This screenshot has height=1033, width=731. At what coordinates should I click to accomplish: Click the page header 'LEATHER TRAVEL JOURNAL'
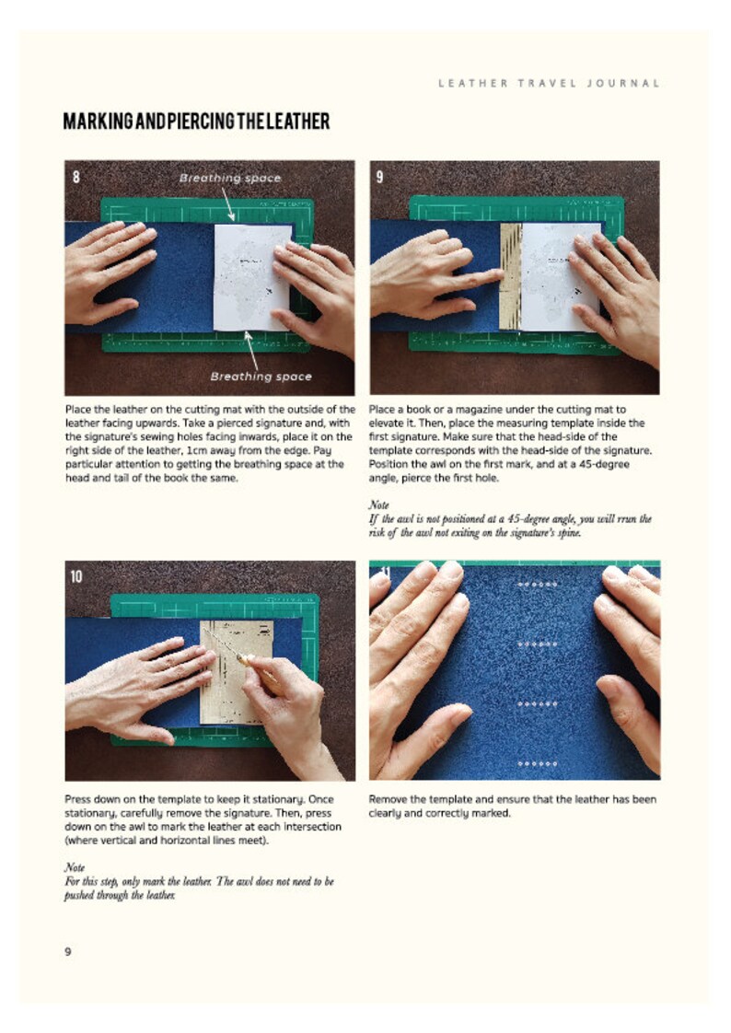coord(549,83)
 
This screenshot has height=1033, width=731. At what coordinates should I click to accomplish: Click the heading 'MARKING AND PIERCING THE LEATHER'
coord(196,122)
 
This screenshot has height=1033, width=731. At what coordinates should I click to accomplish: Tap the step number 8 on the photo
coord(76,177)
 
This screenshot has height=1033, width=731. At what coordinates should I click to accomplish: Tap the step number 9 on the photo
coord(379,177)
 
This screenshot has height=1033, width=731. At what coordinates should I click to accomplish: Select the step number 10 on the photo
coord(76,576)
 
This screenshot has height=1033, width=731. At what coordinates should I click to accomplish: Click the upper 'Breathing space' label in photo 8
coord(229,177)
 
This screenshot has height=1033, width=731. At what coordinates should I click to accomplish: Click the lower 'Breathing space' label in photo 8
coord(261,376)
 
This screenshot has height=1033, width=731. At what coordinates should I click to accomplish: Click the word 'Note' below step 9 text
coord(378,505)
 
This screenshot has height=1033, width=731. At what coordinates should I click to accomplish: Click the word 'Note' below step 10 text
coord(74,867)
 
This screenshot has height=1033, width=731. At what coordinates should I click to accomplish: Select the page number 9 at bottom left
coord(68,951)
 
